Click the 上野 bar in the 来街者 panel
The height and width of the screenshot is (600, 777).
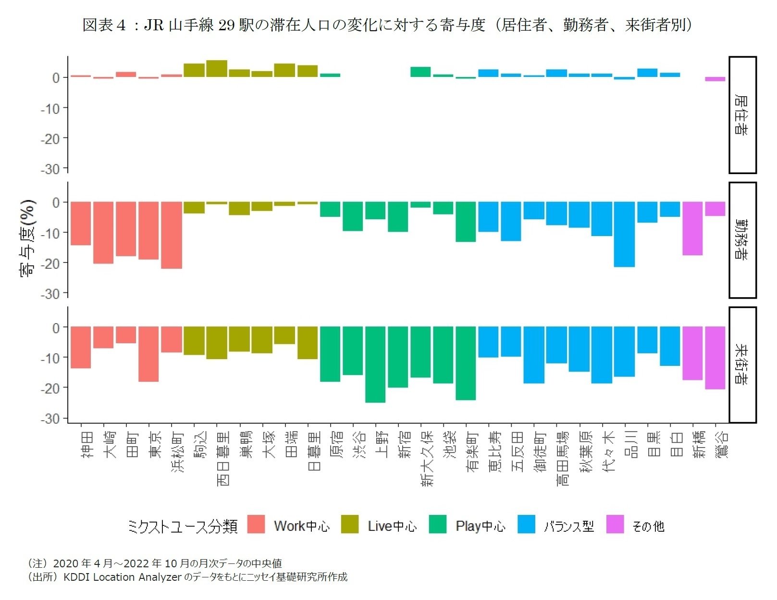click(375, 364)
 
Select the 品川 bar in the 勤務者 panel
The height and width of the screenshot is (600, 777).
click(624, 234)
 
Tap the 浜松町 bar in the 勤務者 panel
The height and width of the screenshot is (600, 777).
click(172, 235)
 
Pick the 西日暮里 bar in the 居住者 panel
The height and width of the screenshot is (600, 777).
click(217, 69)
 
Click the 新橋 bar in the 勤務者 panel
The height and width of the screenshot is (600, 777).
click(692, 228)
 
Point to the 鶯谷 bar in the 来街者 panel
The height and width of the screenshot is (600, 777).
click(715, 358)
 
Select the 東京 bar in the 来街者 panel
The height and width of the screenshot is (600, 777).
click(148, 354)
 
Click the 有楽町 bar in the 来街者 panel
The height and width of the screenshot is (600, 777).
click(466, 363)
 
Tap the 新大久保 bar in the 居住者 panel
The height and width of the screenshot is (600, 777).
click(420, 72)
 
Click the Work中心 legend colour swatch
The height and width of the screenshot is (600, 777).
click(256, 525)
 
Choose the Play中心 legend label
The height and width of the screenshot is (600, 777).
click(481, 526)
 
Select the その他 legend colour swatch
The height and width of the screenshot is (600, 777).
click(615, 525)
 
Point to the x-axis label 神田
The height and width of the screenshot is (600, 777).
click(87, 444)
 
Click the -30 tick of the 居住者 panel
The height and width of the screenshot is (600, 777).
click(50, 169)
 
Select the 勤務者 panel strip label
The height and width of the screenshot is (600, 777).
click(742, 240)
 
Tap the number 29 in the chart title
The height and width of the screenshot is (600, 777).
click(227, 25)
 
